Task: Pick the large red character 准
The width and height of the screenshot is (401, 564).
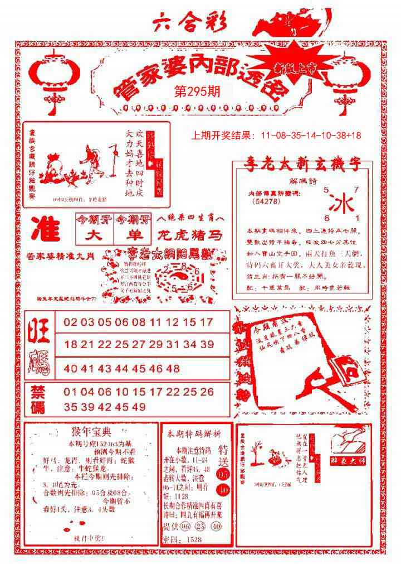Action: pyautogui.click(x=46, y=229)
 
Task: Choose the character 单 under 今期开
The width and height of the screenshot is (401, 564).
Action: pyautogui.click(x=133, y=235)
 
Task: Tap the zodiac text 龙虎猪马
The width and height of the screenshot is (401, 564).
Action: pyautogui.click(x=190, y=235)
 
